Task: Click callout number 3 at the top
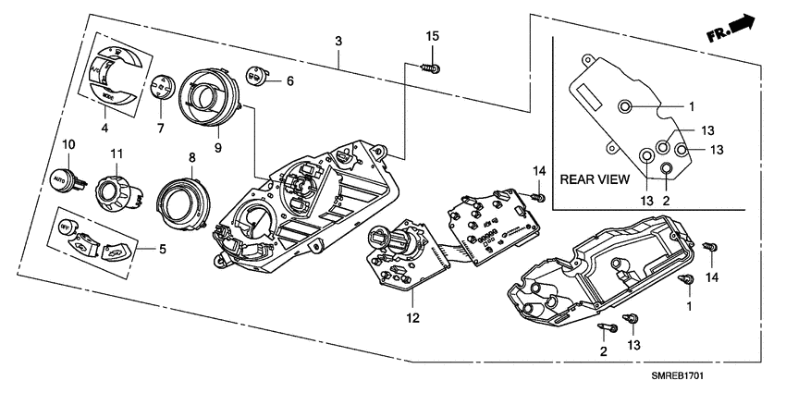point(338,41)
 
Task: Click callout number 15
point(431,36)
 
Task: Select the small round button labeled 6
point(255,75)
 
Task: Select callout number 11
point(117,152)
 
